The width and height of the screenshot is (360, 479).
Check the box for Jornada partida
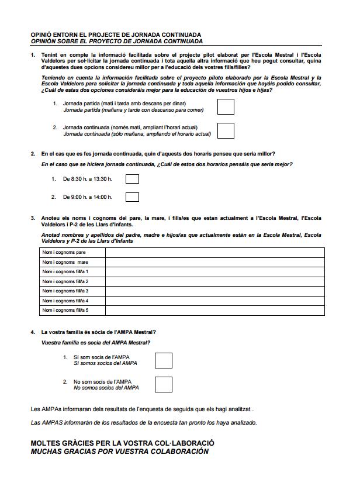coord(226,106)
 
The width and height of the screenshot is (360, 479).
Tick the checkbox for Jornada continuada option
coord(226,130)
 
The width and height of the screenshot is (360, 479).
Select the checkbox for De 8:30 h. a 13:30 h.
coord(133,179)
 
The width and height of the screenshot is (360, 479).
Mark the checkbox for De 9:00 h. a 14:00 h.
coord(133,197)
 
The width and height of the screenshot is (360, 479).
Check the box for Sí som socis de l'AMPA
coord(164,360)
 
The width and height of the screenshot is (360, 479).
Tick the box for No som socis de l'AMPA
coord(164,384)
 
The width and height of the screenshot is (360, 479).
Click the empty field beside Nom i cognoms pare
coord(214,253)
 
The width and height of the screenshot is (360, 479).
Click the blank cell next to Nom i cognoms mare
coord(214,262)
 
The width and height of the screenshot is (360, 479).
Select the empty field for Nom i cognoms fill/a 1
coord(214,272)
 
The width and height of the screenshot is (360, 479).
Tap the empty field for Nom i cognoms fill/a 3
coord(214,291)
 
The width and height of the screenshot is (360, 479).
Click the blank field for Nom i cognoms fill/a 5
coord(214,310)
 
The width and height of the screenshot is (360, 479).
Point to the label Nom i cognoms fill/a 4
coord(65,301)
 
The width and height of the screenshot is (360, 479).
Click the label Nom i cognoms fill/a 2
coord(65,281)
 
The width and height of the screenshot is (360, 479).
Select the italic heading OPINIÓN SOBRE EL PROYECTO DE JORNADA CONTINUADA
coord(117,42)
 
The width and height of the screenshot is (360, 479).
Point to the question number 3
coord(33,218)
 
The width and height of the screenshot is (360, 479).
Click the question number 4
coord(33,332)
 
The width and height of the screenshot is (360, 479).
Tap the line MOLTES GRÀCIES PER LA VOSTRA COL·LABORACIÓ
coord(123,443)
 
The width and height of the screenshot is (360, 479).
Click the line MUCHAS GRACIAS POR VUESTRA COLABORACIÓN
coord(119,452)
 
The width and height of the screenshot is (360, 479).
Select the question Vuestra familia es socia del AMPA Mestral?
coord(96,342)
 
